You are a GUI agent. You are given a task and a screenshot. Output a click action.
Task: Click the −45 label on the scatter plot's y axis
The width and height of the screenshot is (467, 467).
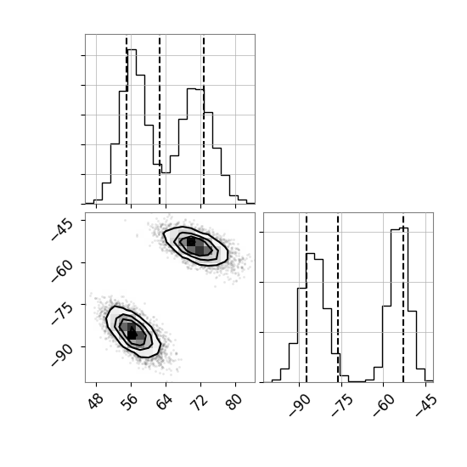[62, 229]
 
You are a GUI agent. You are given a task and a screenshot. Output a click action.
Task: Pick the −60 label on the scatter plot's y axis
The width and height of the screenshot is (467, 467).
[62, 272]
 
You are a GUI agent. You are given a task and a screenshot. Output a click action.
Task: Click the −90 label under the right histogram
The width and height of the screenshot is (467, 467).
[300, 405]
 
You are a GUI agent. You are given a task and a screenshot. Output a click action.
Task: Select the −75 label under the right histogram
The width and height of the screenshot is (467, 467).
[342, 405]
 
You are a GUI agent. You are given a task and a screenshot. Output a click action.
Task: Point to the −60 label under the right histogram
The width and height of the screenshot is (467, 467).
[384, 405]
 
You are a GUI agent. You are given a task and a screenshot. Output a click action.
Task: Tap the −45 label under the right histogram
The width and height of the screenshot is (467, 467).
[426, 405]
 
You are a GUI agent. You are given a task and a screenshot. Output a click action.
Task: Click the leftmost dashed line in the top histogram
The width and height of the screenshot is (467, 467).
[127, 121]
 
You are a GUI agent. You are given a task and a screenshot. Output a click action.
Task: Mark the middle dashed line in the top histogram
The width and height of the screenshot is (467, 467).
[160, 121]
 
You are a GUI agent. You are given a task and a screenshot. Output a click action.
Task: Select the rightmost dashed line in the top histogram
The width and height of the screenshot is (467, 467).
[204, 121]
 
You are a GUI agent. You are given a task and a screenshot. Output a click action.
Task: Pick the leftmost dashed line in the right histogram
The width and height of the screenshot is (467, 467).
[307, 299]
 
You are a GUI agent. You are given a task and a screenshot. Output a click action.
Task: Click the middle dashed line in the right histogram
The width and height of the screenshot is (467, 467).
[338, 299]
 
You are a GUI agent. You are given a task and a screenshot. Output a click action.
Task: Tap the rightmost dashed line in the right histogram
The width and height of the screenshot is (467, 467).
[403, 299]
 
